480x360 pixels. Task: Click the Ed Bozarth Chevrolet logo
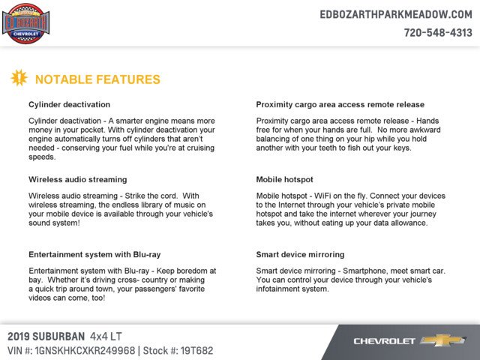[x=25, y=23]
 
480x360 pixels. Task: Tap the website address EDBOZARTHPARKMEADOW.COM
[x=396, y=14]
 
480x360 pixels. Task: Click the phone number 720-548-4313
[x=438, y=33]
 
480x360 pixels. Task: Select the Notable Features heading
[x=97, y=79]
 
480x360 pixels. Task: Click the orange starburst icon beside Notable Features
[x=19, y=78]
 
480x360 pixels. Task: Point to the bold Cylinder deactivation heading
[x=69, y=104]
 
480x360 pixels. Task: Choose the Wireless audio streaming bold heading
[x=77, y=180]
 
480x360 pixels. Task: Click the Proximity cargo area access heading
[x=340, y=104]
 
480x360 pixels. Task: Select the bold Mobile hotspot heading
[x=284, y=180]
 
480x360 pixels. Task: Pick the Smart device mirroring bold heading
[x=300, y=254]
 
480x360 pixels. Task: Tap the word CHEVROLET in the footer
[x=385, y=341]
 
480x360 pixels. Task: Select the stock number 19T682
[x=197, y=349]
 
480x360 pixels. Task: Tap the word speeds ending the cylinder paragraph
[x=42, y=157]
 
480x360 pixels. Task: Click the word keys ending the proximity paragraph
[x=400, y=148]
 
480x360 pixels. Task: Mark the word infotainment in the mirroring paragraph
[x=280, y=288]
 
